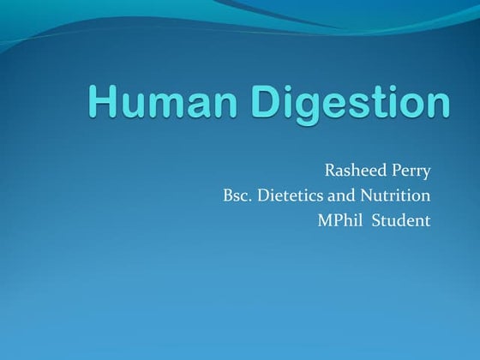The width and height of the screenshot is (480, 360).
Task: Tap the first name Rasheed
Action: coord(353,170)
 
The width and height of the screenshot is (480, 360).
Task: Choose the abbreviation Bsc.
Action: coord(236,195)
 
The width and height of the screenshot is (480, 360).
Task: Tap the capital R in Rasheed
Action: coord(329,170)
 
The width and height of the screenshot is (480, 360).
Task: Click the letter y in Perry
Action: coord(426,172)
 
